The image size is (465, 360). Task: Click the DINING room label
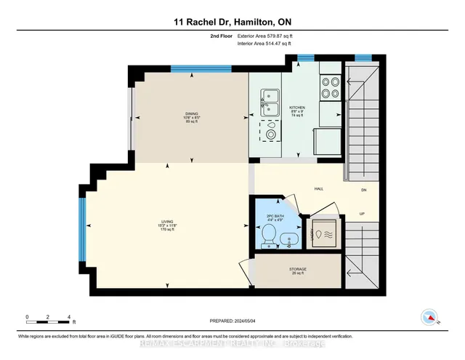point(191,116)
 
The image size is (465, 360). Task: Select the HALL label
point(318,189)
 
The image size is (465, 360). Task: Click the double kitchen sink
point(270,103)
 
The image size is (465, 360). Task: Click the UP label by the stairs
point(361,213)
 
